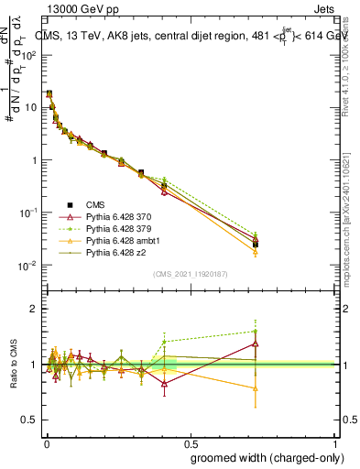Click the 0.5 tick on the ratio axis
pyautogui.click(x=32, y=420)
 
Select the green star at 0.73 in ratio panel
pyautogui.click(x=256, y=332)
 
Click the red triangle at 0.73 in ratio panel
pyautogui.click(x=256, y=344)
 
